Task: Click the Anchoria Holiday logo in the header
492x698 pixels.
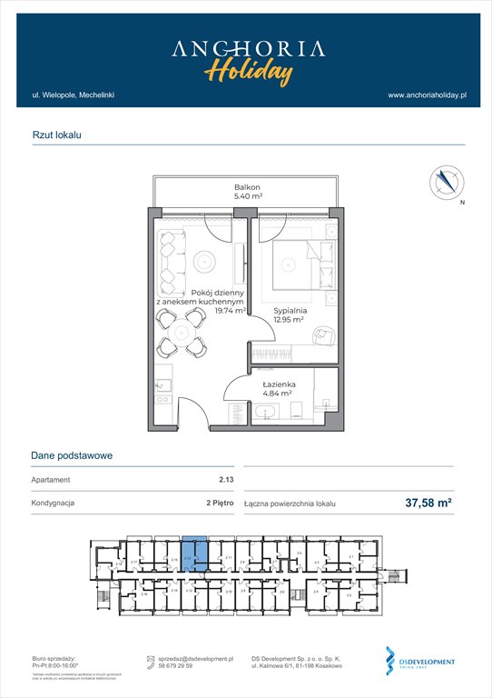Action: click(x=246, y=58)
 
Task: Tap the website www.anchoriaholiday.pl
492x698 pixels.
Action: click(x=426, y=95)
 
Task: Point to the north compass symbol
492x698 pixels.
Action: click(x=446, y=181)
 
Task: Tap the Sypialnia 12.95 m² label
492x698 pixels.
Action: click(x=292, y=314)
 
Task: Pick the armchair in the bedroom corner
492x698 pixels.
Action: click(x=323, y=337)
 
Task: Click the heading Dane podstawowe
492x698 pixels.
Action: click(x=72, y=456)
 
